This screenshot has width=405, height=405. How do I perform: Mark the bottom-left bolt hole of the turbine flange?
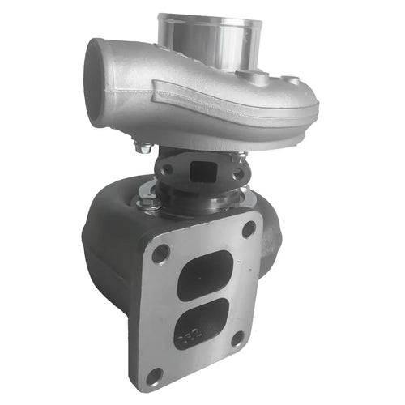154,375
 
